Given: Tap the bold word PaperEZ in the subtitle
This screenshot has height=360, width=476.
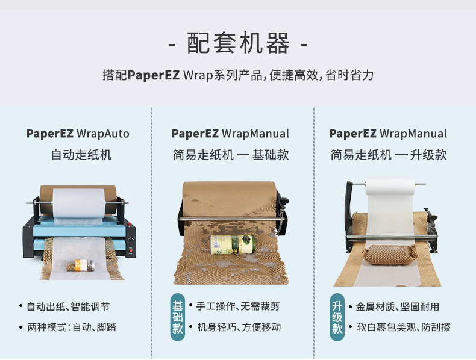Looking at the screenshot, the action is pyautogui.click(x=153, y=75).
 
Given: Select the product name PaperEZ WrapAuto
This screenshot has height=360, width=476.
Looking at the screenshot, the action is pyautogui.click(x=78, y=134).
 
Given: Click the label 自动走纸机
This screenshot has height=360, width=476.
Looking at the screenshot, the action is pyautogui.click(x=81, y=155).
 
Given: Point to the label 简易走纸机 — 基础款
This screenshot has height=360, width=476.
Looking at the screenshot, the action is pyautogui.click(x=231, y=155).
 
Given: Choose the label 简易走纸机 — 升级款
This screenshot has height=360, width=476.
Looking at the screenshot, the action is pyautogui.click(x=389, y=155).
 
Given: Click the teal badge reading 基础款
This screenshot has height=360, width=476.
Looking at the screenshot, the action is pyautogui.click(x=178, y=317).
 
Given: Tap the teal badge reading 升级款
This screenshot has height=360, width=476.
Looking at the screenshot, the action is pyautogui.click(x=337, y=317).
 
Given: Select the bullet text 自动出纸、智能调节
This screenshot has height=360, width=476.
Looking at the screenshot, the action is pyautogui.click(x=68, y=306).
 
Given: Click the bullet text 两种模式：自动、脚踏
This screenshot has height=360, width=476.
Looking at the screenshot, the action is pyautogui.click(x=72, y=327).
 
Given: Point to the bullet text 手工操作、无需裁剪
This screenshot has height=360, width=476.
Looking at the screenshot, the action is pyautogui.click(x=237, y=306).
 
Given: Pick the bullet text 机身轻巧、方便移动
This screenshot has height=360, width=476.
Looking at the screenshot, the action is pyautogui.click(x=239, y=327).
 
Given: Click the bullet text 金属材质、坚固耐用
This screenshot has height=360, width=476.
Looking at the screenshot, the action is pyautogui.click(x=398, y=306).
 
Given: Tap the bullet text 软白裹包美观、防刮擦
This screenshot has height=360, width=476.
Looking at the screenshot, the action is pyautogui.click(x=404, y=327).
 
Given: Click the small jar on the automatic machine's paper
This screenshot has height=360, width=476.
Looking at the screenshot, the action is pyautogui.click(x=81, y=265).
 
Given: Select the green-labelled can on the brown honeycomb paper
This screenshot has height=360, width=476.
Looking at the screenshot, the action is pyautogui.click(x=233, y=244).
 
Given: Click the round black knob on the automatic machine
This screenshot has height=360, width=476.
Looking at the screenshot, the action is pyautogui.click(x=131, y=239).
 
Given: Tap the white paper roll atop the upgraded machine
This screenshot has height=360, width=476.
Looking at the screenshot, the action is pyautogui.click(x=390, y=186).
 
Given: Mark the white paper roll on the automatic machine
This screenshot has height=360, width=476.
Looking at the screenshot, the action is pyautogui.click(x=78, y=203).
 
